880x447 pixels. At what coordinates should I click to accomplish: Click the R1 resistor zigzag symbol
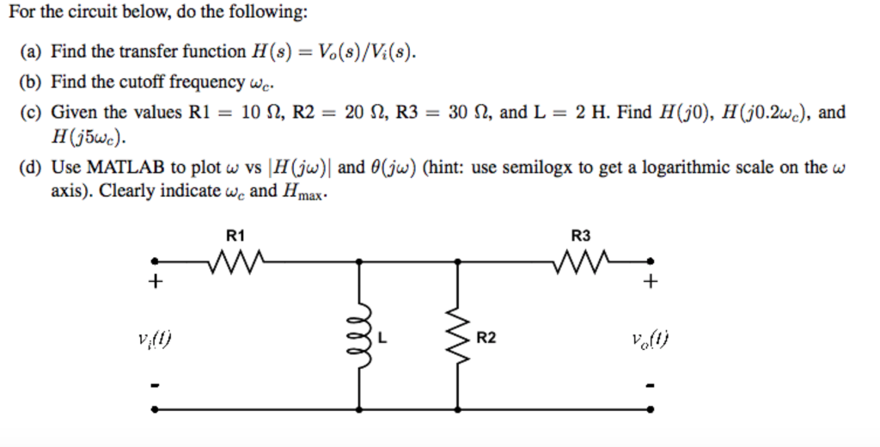tap(235, 260)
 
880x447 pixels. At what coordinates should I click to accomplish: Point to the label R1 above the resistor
tap(235, 235)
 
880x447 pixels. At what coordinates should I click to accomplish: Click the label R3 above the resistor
tap(582, 235)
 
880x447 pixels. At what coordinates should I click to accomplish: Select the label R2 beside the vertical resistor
tap(486, 338)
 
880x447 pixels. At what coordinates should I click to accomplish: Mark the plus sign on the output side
tap(651, 281)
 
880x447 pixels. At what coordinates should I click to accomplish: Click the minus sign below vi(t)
tap(156, 385)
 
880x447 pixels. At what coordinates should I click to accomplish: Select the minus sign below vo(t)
tap(651, 385)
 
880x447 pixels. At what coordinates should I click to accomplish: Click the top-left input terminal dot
tap(156, 260)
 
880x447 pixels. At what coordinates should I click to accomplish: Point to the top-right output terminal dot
tap(651, 260)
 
